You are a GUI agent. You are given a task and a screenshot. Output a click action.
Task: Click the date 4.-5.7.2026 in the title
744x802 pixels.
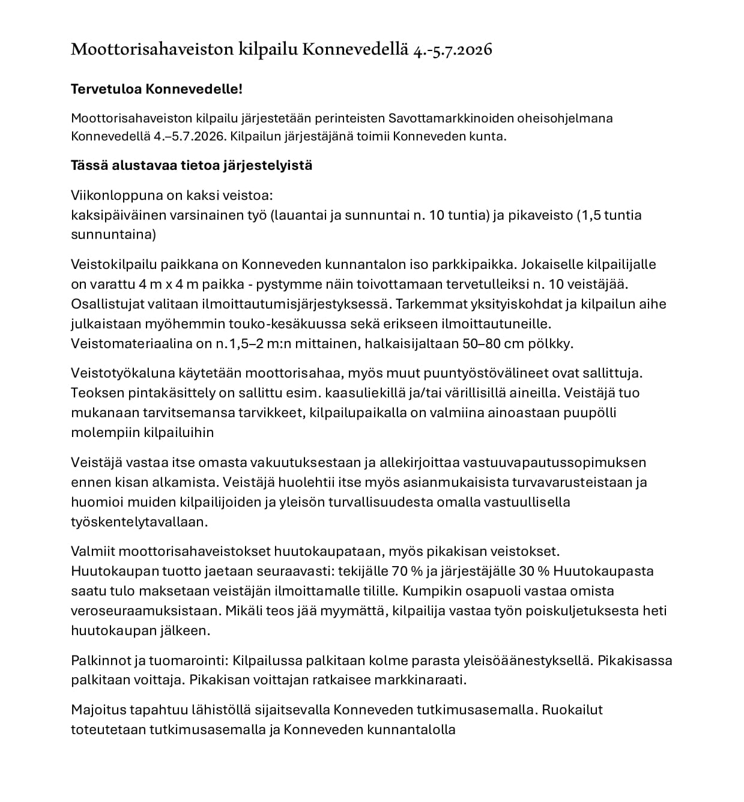point(453,49)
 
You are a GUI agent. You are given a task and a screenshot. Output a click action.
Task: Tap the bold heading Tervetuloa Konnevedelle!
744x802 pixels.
point(157,89)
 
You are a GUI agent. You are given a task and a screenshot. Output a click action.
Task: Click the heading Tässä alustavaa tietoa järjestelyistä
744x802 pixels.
point(192,165)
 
